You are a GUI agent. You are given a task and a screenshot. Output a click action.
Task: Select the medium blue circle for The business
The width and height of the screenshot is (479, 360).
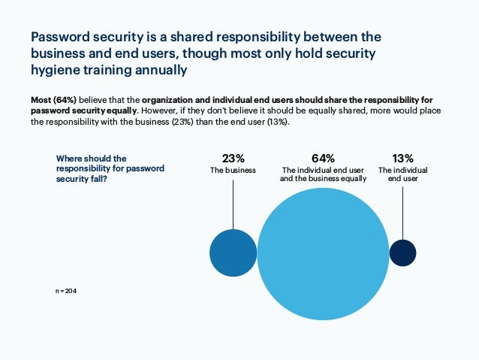233,253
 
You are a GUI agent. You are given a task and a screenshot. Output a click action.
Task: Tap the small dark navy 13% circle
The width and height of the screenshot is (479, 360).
402,253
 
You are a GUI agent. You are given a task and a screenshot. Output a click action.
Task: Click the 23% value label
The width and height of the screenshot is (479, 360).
233,158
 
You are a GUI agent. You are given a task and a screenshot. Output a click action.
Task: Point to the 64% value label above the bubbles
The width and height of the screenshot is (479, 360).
323,158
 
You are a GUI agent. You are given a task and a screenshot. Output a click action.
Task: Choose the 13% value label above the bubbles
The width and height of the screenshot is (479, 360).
402,158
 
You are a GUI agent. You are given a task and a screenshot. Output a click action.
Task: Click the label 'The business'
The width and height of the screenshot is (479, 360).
233,171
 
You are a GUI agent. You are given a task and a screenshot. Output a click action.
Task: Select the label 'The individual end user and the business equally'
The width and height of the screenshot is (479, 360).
323,175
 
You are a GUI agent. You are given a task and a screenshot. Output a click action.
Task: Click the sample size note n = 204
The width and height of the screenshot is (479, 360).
65,289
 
